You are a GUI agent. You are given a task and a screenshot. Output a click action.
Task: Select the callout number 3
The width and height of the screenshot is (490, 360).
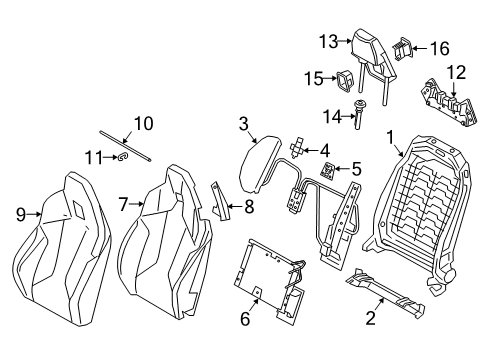(x=242, y=123)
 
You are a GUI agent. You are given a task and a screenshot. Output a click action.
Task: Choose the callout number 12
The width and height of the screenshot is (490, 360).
(x=456, y=70)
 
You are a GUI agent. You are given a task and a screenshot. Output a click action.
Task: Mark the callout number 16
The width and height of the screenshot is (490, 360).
(x=441, y=46)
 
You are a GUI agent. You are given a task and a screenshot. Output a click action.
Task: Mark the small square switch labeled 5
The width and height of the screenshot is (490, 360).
(x=327, y=169)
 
